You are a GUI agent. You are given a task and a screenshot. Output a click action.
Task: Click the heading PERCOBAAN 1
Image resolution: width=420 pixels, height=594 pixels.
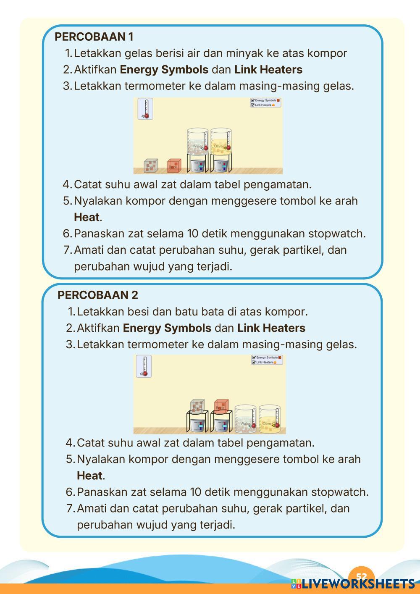(94, 37)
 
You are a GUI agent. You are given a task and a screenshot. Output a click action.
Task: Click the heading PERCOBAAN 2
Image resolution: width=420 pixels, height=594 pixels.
(97, 295)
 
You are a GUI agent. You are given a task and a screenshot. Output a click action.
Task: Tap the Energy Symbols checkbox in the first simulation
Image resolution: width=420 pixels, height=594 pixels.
(253, 100)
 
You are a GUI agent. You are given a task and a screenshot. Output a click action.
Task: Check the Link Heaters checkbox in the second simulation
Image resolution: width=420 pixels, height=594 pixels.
(254, 362)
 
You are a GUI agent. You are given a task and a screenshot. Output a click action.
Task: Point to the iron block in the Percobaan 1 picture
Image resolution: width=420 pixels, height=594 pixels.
(150, 166)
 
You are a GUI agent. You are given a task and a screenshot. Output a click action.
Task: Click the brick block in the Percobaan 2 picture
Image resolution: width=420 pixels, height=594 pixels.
(221, 406)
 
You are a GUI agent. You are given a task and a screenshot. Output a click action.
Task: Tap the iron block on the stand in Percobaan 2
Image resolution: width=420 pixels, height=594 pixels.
(197, 406)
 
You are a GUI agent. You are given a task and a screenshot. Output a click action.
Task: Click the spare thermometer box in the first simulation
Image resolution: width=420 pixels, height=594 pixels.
(145, 109)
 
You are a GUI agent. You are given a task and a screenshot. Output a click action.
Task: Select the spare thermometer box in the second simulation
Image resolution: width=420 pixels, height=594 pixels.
(144, 366)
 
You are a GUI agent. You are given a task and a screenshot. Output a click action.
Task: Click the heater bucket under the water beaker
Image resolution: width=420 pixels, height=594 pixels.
(197, 165)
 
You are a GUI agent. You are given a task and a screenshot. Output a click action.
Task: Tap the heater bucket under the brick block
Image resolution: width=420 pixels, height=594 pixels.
(221, 425)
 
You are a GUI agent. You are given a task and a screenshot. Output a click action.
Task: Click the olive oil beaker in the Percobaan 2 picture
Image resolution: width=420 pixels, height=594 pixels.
(269, 418)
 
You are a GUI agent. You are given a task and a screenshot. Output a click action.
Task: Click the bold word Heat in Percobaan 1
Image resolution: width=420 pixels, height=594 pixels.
(87, 217)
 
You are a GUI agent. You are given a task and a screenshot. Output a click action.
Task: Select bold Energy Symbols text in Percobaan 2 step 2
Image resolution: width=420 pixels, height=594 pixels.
(167, 328)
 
